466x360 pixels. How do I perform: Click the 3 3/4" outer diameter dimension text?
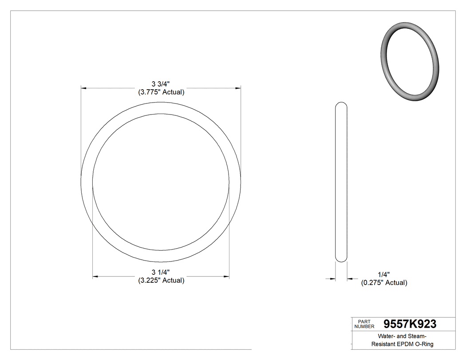(x=161, y=84)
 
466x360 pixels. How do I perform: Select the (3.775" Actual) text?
(x=161, y=92)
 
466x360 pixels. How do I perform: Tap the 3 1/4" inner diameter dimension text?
(x=161, y=272)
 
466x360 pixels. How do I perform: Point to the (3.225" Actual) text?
(x=161, y=281)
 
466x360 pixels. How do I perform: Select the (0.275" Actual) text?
(x=383, y=283)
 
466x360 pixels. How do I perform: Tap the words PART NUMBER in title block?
(x=364, y=324)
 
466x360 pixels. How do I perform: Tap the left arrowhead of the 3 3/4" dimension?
(x=83, y=88)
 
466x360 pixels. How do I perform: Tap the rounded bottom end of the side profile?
(x=341, y=259)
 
